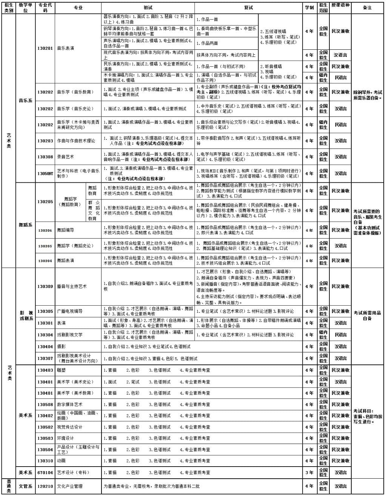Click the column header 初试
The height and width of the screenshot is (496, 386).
click(148, 8)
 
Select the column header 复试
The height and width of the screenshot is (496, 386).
click(248, 8)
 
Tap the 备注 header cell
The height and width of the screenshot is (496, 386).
click(367, 8)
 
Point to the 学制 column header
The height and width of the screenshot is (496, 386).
click(309, 8)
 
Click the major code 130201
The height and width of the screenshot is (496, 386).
click(45, 48)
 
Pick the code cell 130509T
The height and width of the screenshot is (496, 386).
click(45, 174)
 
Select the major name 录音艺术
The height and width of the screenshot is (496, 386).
click(66, 157)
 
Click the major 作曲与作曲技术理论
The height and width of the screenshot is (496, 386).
click(76, 141)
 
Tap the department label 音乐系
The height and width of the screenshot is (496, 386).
click(26, 101)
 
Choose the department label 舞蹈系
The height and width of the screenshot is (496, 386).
click(26, 225)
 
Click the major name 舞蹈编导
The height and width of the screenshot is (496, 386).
click(66, 230)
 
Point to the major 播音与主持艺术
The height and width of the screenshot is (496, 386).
click(72, 286)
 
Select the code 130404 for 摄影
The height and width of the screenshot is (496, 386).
click(45, 347)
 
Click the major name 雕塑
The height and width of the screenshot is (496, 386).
click(61, 370)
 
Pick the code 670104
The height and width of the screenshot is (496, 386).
click(45, 473)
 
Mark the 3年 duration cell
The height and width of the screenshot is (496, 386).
click(309, 473)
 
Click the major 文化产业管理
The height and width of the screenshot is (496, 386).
click(69, 487)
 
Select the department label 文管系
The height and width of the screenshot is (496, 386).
click(26, 487)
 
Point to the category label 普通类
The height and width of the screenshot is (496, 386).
click(9, 487)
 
